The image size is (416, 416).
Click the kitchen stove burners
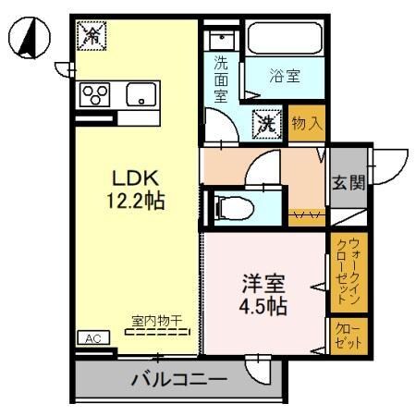[96, 94]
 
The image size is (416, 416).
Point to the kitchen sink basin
[141, 93]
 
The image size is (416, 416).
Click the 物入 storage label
[308, 122]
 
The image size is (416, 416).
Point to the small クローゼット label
[347, 335]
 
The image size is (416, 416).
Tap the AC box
[93, 338]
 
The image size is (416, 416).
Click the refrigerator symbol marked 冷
[92, 36]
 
